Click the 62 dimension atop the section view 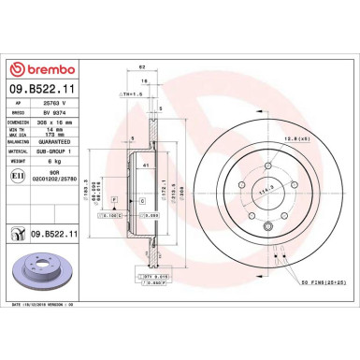click(x=141, y=66)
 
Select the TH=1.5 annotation click(x=126, y=94)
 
